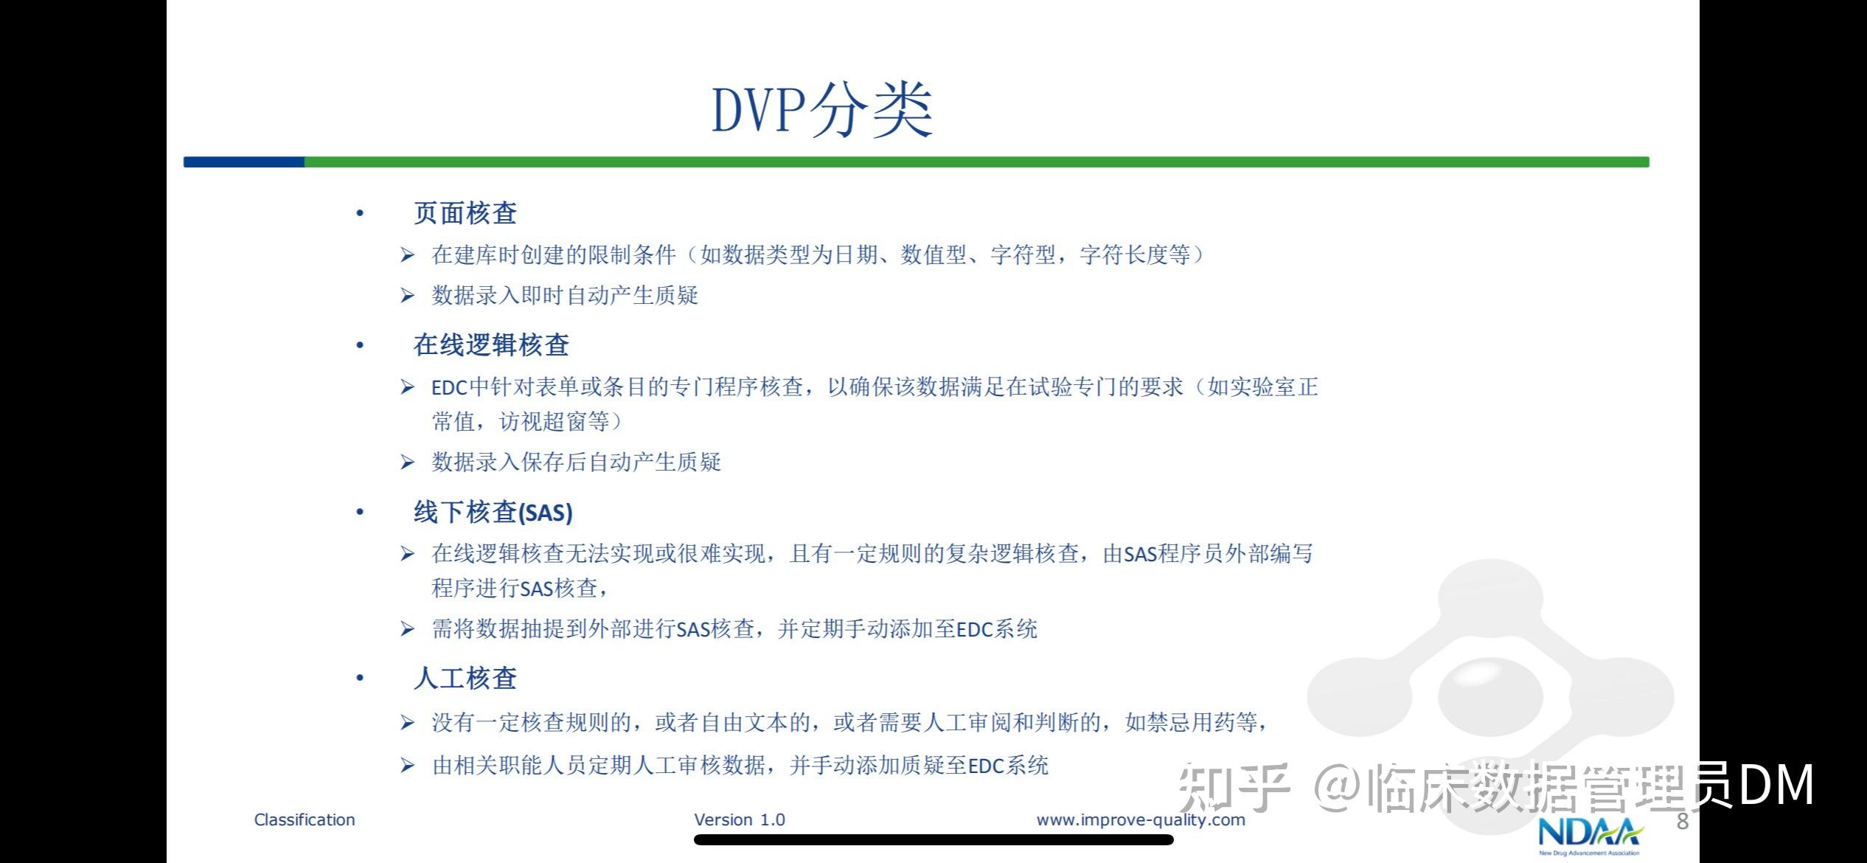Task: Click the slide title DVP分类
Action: pyautogui.click(x=821, y=111)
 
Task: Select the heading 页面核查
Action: pyautogui.click(x=465, y=213)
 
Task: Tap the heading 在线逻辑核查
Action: pyautogui.click(x=491, y=345)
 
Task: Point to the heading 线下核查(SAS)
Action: pyautogui.click(x=493, y=512)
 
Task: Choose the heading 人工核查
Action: pyautogui.click(x=465, y=678)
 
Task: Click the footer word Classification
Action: pyautogui.click(x=305, y=819)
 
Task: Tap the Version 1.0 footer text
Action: pyautogui.click(x=740, y=819)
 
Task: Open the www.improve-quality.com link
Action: pyautogui.click(x=1140, y=819)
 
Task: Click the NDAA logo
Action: pyautogui.click(x=1589, y=835)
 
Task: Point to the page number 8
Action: pyautogui.click(x=1683, y=822)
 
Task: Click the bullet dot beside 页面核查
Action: pyautogui.click(x=360, y=214)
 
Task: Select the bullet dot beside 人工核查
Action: pyautogui.click(x=360, y=679)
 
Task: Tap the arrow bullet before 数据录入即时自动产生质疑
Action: pyautogui.click(x=407, y=296)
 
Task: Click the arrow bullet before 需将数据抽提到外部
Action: pyautogui.click(x=407, y=629)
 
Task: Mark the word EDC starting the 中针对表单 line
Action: pyautogui.click(x=449, y=387)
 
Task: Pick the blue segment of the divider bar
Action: pyautogui.click(x=243, y=162)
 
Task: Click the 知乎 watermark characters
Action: pyautogui.click(x=1234, y=788)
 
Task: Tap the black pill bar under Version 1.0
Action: pyautogui.click(x=933, y=840)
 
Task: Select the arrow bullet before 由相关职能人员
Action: pyautogui.click(x=407, y=766)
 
